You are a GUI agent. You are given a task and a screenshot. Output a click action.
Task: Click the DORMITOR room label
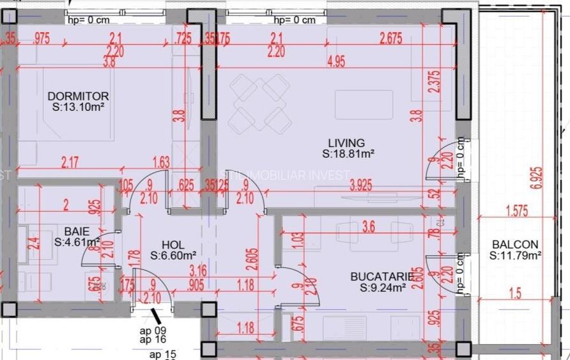tap(78, 97)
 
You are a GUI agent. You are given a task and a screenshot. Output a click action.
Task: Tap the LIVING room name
tap(346, 143)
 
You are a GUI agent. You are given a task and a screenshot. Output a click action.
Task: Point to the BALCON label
tap(514, 244)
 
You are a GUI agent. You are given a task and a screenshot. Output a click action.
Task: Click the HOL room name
tap(173, 244)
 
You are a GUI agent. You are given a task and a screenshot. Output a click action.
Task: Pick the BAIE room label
tap(76, 231)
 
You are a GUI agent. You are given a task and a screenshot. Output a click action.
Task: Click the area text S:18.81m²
tap(348, 154)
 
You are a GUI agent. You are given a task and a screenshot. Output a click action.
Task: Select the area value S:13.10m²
tap(78, 107)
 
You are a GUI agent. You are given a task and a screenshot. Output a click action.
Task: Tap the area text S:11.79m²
tap(515, 256)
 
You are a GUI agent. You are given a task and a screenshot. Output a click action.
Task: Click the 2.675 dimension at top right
tap(390, 38)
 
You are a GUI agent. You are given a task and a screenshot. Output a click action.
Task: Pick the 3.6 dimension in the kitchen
tap(368, 226)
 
